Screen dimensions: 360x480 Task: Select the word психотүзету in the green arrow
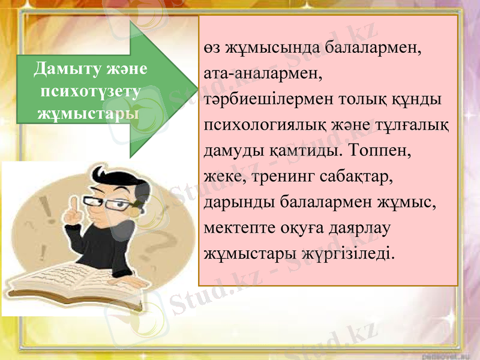[x=90, y=91]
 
